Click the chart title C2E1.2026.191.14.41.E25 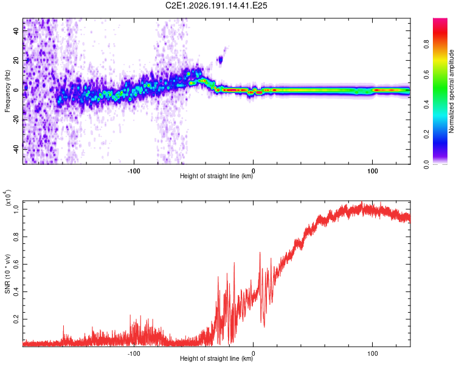click(x=216, y=5)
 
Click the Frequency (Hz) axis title click(x=7, y=91)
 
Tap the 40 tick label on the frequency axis click(x=16, y=30)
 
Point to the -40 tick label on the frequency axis click(x=16, y=149)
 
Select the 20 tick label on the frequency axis click(x=16, y=60)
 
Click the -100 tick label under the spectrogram click(x=134, y=171)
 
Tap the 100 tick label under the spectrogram click(x=372, y=171)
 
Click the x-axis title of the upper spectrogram click(x=216, y=176)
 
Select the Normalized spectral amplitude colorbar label click(x=451, y=91)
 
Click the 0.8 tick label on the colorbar click(x=426, y=44)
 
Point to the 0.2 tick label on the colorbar click(x=426, y=134)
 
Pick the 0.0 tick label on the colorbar click(x=426, y=164)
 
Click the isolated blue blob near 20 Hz click(x=221, y=60)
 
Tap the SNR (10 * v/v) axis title click(x=7, y=274)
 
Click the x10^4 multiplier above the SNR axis click(x=8, y=198)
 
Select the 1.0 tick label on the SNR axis click(x=16, y=209)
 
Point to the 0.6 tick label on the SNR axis click(x=16, y=264)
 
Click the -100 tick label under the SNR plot click(x=134, y=353)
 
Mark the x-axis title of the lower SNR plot click(x=216, y=358)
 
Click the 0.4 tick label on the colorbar click(x=426, y=104)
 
